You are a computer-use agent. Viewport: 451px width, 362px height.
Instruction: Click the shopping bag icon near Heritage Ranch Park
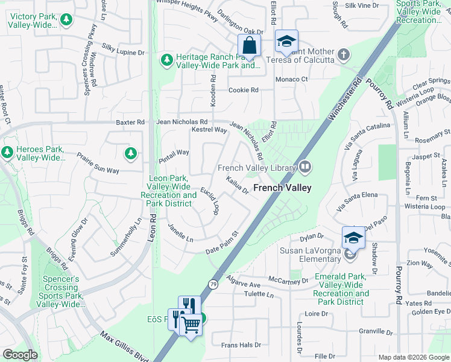pyautogui.click(x=249, y=45)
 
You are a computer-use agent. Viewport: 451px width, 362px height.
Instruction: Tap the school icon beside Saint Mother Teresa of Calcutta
pyautogui.click(x=286, y=42)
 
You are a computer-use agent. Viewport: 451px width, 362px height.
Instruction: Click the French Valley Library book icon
pyautogui.click(x=305, y=167)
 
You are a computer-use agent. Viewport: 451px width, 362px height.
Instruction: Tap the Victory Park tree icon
pyautogui.click(x=66, y=20)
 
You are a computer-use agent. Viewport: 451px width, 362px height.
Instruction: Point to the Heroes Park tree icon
pyautogui.click(x=8, y=152)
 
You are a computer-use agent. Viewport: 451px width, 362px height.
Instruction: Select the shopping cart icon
pyautogui.click(x=191, y=325)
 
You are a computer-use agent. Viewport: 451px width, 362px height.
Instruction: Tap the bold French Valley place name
pyautogui.click(x=282, y=188)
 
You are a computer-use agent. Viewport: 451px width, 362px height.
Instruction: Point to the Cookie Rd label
pyautogui.click(x=243, y=91)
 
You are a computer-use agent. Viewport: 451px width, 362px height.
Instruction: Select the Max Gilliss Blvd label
pyautogui.click(x=124, y=346)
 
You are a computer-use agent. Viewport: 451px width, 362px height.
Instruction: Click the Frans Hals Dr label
pyautogui.click(x=241, y=345)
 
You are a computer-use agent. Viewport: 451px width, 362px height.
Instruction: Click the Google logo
pyautogui.click(x=20, y=355)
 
